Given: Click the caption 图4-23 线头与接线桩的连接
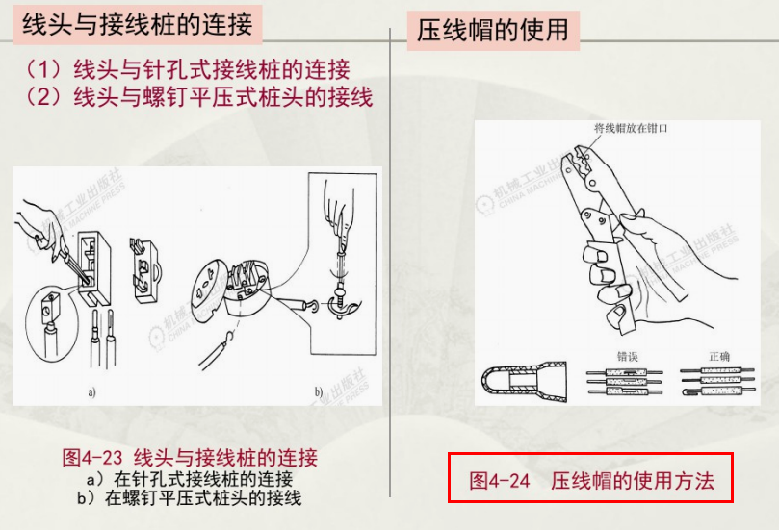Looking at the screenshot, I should tap(189, 456).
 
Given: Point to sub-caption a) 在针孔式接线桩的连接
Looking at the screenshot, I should tap(189, 478).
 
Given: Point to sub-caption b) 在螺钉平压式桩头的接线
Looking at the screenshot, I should tap(189, 498).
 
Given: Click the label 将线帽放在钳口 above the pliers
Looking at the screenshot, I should tap(631, 128).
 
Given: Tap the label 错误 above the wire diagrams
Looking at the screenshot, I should tap(627, 356).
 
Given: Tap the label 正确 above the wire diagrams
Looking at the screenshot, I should tap(719, 356).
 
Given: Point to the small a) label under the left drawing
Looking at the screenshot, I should tap(92, 392).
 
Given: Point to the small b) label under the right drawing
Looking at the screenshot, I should tap(318, 392).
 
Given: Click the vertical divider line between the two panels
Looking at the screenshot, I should tap(390, 289).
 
